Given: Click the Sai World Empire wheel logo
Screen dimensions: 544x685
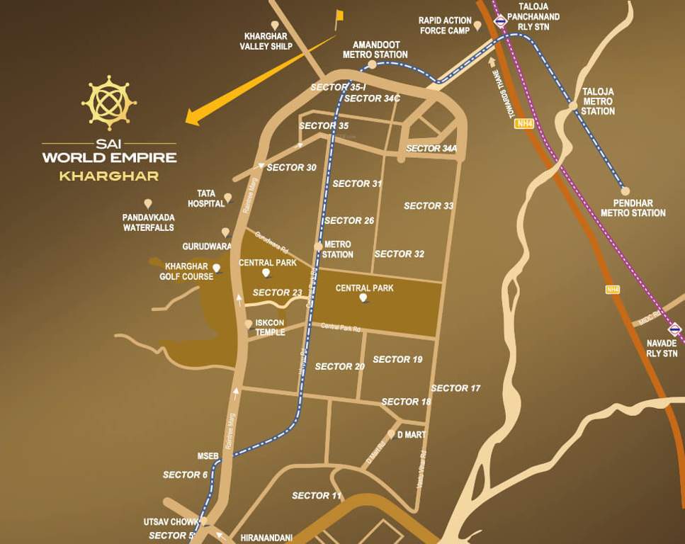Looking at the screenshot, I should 108,103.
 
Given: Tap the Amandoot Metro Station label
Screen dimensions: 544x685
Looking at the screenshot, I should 375,50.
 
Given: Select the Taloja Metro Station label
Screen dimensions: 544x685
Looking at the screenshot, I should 598,101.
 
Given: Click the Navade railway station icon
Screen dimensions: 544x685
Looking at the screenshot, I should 674,329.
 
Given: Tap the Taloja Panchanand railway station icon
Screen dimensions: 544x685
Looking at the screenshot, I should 500,21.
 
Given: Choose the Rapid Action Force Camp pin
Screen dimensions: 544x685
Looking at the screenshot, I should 477,25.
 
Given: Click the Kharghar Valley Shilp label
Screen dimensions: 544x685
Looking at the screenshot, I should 266,41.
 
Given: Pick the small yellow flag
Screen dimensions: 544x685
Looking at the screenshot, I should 339,16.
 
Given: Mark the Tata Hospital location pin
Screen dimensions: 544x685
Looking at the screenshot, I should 228,198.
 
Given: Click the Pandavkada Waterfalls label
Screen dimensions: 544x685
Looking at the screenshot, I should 148,222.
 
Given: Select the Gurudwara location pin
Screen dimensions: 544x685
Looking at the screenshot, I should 225,232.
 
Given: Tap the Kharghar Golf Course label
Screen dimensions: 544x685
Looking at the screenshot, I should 186,271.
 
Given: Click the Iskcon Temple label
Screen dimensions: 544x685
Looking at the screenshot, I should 270,327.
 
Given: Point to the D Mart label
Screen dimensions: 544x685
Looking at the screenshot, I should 410,434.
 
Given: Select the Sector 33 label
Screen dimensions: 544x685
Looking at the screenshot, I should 429,206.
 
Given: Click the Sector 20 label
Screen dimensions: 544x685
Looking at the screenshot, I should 339,366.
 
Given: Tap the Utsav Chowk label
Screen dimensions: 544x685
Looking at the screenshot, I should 171,522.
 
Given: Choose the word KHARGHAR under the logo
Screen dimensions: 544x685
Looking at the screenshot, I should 108,176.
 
